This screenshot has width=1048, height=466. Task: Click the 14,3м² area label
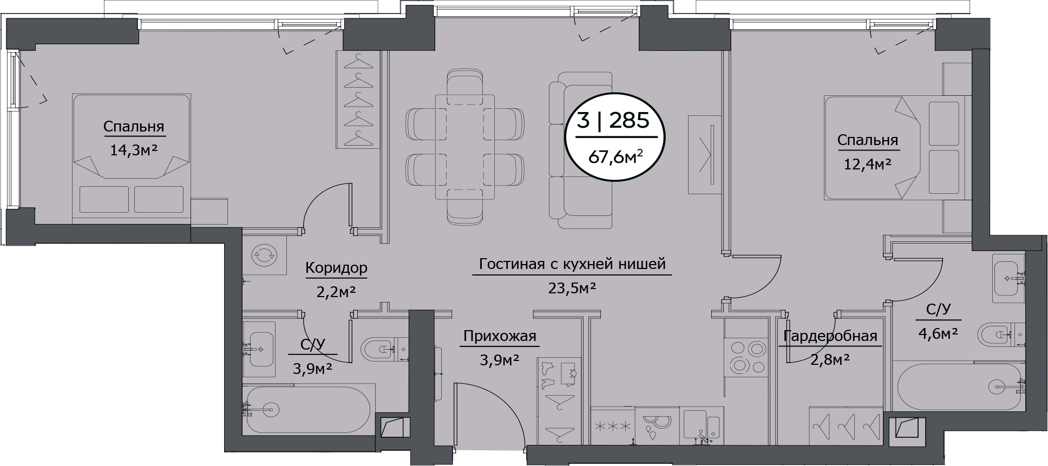pos(134,150)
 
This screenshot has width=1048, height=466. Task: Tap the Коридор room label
pos(336,267)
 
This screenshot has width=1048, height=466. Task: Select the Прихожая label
pos(500,337)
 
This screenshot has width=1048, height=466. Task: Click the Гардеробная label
pos(830,336)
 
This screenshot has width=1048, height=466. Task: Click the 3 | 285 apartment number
pos(612,120)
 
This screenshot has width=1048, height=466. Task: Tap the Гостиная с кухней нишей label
pos(572,264)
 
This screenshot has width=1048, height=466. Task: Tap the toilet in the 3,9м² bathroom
pos(379,349)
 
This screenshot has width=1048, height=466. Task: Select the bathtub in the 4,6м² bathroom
pos(958,386)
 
